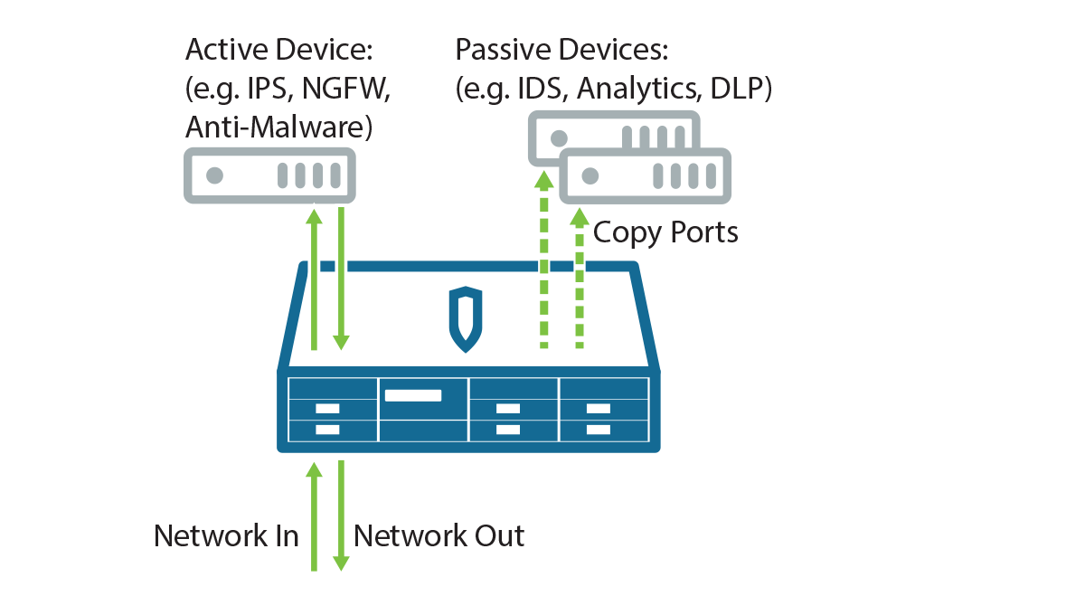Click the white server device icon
pyautogui.click(x=645, y=175)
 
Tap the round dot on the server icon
pyautogui.click(x=590, y=175)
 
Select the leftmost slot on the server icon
pyautogui.click(x=659, y=175)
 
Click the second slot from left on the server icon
pyautogui.click(x=676, y=175)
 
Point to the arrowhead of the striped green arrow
pyautogui.click(x=546, y=179)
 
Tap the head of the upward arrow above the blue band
pyautogui.click(x=313, y=215)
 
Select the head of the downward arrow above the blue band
pyautogui.click(x=341, y=342)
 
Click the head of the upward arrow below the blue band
pyautogui.click(x=314, y=469)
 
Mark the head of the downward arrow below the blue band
pyautogui.click(x=341, y=563)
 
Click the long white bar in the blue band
pyautogui.click(x=413, y=395)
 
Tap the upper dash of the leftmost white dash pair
pyautogui.click(x=327, y=411)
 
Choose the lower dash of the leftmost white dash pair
pyautogui.click(x=327, y=430)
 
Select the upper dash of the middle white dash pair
pyautogui.click(x=508, y=411)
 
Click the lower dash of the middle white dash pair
pyautogui.click(x=508, y=430)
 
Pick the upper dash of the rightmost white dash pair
pyautogui.click(x=599, y=411)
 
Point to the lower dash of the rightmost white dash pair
pyautogui.click(x=599, y=430)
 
